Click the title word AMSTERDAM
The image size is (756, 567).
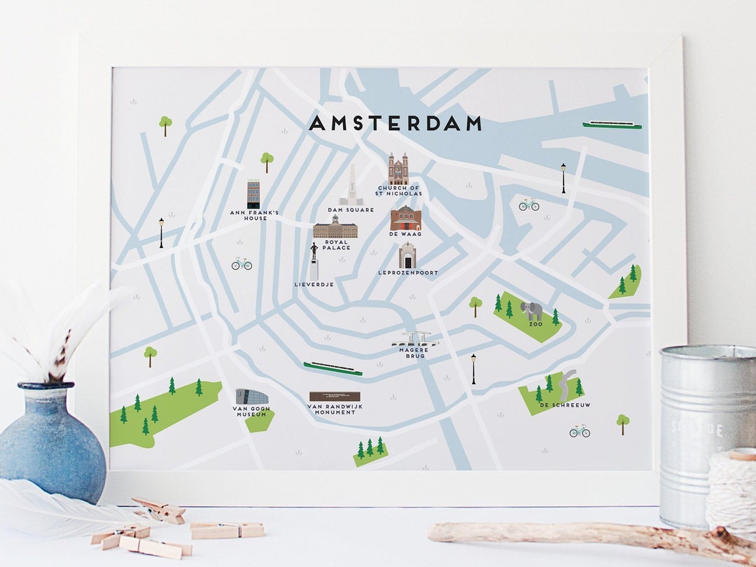pyautogui.click(x=395, y=124)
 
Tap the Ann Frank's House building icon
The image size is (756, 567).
pyautogui.click(x=253, y=194)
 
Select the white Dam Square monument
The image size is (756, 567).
pyautogui.click(x=351, y=186)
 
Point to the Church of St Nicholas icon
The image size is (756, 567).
pyautogui.click(x=398, y=169)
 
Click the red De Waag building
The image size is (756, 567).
pyautogui.click(x=405, y=218)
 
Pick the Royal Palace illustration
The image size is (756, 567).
pyautogui.click(x=335, y=227)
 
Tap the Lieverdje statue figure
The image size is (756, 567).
pyautogui.click(x=314, y=262)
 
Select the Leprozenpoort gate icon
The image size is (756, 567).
pyautogui.click(x=407, y=256)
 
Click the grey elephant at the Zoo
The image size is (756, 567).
pyautogui.click(x=532, y=311)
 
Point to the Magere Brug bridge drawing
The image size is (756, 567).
pyautogui.click(x=416, y=340)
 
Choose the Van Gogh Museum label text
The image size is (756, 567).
pyautogui.click(x=251, y=411)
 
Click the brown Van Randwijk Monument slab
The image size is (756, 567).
pyautogui.click(x=335, y=396)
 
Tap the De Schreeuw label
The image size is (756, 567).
pyautogui.click(x=556, y=405)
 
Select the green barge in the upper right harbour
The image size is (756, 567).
pyautogui.click(x=612, y=125)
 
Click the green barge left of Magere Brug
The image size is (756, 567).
pyautogui.click(x=332, y=369)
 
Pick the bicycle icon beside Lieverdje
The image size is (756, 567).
pyautogui.click(x=241, y=264)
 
